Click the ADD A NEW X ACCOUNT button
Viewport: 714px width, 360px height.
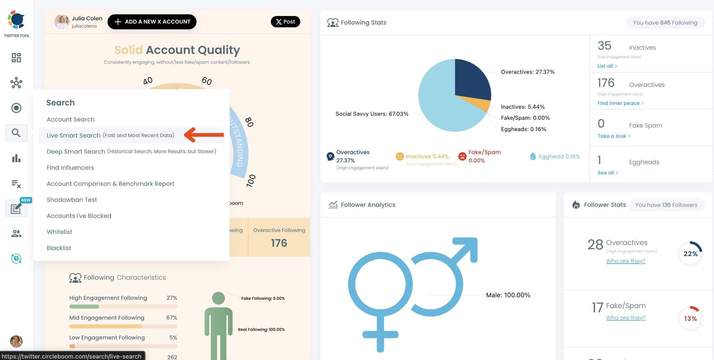pyautogui.click(x=152, y=22)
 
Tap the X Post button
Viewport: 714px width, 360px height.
pyautogui.click(x=285, y=22)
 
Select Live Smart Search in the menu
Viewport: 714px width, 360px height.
pyautogui.click(x=110, y=136)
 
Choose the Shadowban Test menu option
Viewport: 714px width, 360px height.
pyautogui.click(x=72, y=200)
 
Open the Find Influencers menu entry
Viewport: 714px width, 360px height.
pyautogui.click(x=70, y=168)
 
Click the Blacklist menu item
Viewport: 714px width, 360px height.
pyautogui.click(x=59, y=248)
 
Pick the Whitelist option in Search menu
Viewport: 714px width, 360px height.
pyautogui.click(x=59, y=232)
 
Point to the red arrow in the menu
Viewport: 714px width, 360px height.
pyautogui.click(x=204, y=135)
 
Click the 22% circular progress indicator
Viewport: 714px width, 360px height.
pyautogui.click(x=690, y=254)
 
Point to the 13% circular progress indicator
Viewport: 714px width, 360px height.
pyautogui.click(x=690, y=318)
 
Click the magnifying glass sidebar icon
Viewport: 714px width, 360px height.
pyautogui.click(x=16, y=133)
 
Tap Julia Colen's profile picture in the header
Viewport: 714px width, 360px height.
pyautogui.click(x=62, y=22)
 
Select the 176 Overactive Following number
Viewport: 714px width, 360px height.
pyautogui.click(x=279, y=243)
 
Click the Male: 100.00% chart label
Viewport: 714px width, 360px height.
pyautogui.click(x=508, y=295)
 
